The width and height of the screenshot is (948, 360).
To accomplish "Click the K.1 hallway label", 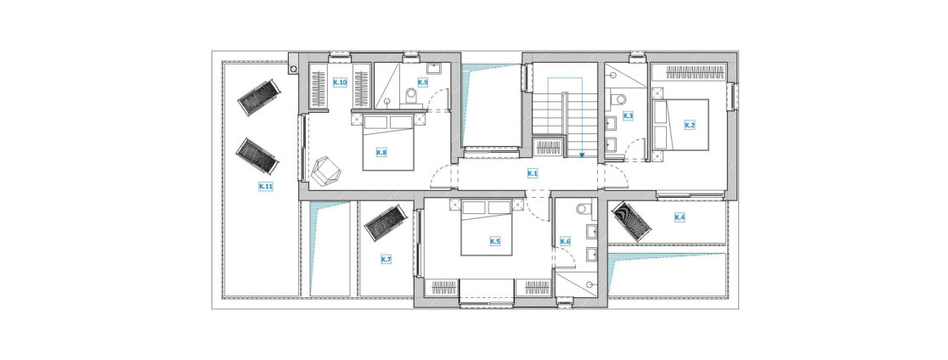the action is tap(533, 174).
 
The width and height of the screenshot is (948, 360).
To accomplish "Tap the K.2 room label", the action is tap(689, 125).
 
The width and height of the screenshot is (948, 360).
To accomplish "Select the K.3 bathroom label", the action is tap(628, 115).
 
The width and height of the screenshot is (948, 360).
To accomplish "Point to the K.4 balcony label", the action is tap(680, 217).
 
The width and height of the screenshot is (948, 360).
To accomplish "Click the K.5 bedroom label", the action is tap(494, 242).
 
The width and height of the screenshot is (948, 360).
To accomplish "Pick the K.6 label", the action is tap(565, 242).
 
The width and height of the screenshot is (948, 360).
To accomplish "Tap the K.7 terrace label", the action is tap(387, 259).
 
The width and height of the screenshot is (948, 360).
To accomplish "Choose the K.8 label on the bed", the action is tap(381, 153).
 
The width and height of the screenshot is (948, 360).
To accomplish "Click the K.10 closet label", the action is tap(340, 82).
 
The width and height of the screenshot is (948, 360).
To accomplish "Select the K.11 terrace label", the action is tap(266, 187).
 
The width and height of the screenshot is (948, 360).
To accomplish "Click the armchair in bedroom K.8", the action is tap(326, 171).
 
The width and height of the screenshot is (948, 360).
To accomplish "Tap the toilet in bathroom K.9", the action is tap(412, 95).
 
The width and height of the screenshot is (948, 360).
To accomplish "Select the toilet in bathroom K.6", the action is tap(584, 210).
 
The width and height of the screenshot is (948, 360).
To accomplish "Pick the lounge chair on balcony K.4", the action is tap(631, 222).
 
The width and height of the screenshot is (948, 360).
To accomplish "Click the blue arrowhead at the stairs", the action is tap(581, 155).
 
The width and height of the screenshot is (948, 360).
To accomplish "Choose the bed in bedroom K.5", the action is tap(487, 228).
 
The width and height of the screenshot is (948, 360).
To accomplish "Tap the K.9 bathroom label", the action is tap(423, 82).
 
